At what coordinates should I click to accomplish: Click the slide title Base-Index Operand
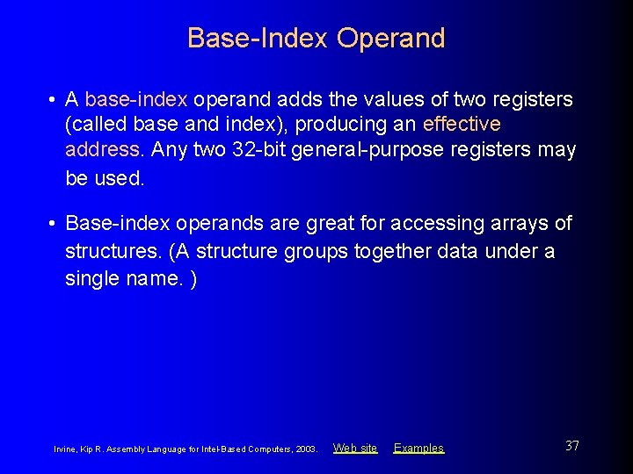tap(316, 39)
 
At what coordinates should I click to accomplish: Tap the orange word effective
tap(462, 125)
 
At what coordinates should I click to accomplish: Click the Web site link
tap(355, 448)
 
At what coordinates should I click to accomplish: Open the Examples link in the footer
tap(418, 448)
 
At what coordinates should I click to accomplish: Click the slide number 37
tap(571, 446)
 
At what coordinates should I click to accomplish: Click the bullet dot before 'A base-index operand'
tap(54, 99)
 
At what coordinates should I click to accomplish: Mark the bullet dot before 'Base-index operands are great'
tap(54, 224)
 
